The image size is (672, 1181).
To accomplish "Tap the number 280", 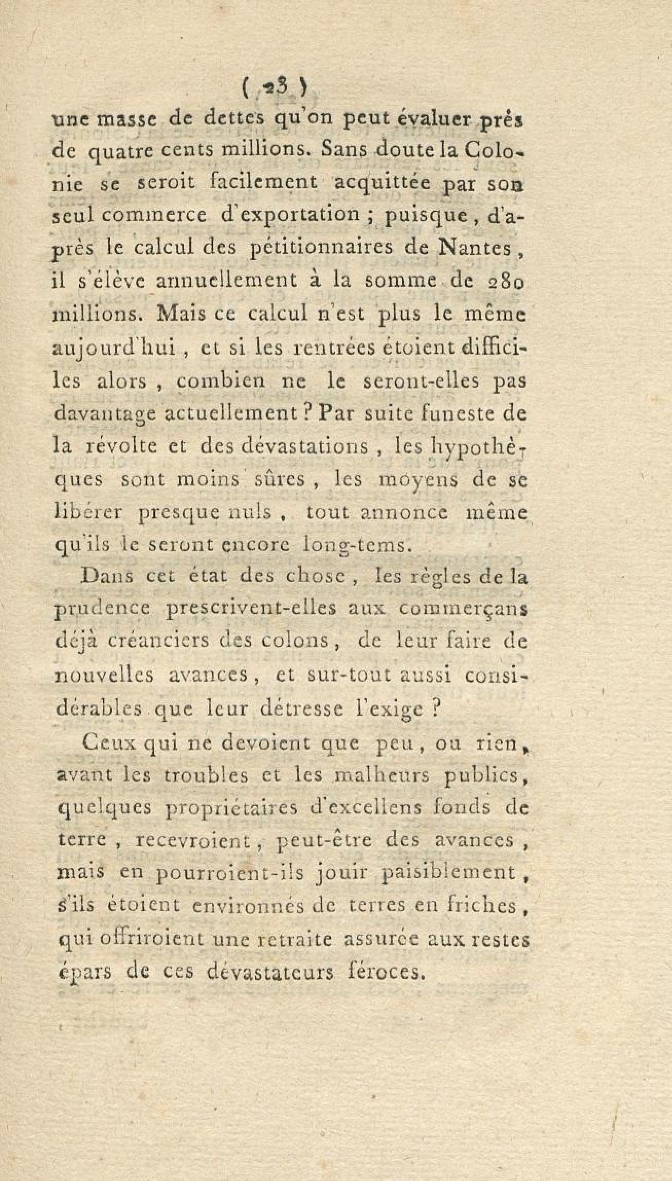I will pos(506,282).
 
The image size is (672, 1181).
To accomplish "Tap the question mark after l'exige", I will pos(435,707).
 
